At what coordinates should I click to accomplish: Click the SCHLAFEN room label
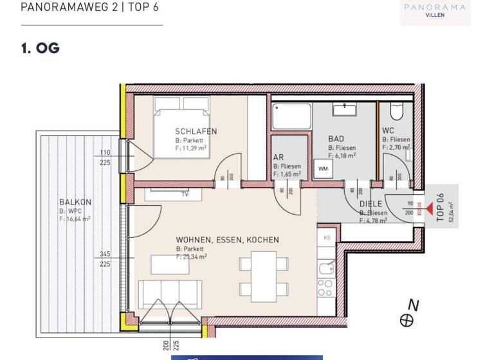196,131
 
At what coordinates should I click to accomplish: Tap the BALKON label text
75,202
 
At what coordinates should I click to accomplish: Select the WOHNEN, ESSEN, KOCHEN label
228,240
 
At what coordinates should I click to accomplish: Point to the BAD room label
336,139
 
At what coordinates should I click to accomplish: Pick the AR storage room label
279,157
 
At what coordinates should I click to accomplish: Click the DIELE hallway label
371,204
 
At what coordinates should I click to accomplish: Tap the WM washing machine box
322,169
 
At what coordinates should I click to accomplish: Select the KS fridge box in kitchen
327,237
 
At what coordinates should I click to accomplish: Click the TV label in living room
185,194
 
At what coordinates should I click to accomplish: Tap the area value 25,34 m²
196,256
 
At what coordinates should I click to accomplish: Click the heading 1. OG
40,48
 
